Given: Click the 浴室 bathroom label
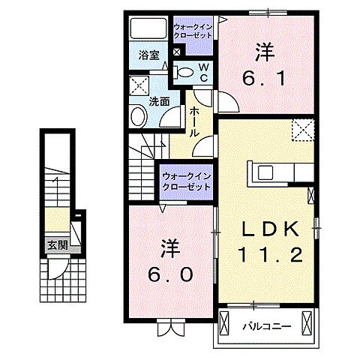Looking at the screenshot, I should (148, 55).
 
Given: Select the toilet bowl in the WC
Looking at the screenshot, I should (184, 72).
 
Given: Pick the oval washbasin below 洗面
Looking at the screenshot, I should (138, 116).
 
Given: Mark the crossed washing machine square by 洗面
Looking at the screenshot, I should (138, 84).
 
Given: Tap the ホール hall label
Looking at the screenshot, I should (193, 121).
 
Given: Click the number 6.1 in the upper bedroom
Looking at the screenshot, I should (262, 76).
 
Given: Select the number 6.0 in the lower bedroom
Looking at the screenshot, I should (172, 274).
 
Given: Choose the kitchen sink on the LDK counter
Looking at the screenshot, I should (268, 172).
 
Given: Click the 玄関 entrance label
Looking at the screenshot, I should (56, 244).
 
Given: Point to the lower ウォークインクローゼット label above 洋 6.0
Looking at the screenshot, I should (185, 181).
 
